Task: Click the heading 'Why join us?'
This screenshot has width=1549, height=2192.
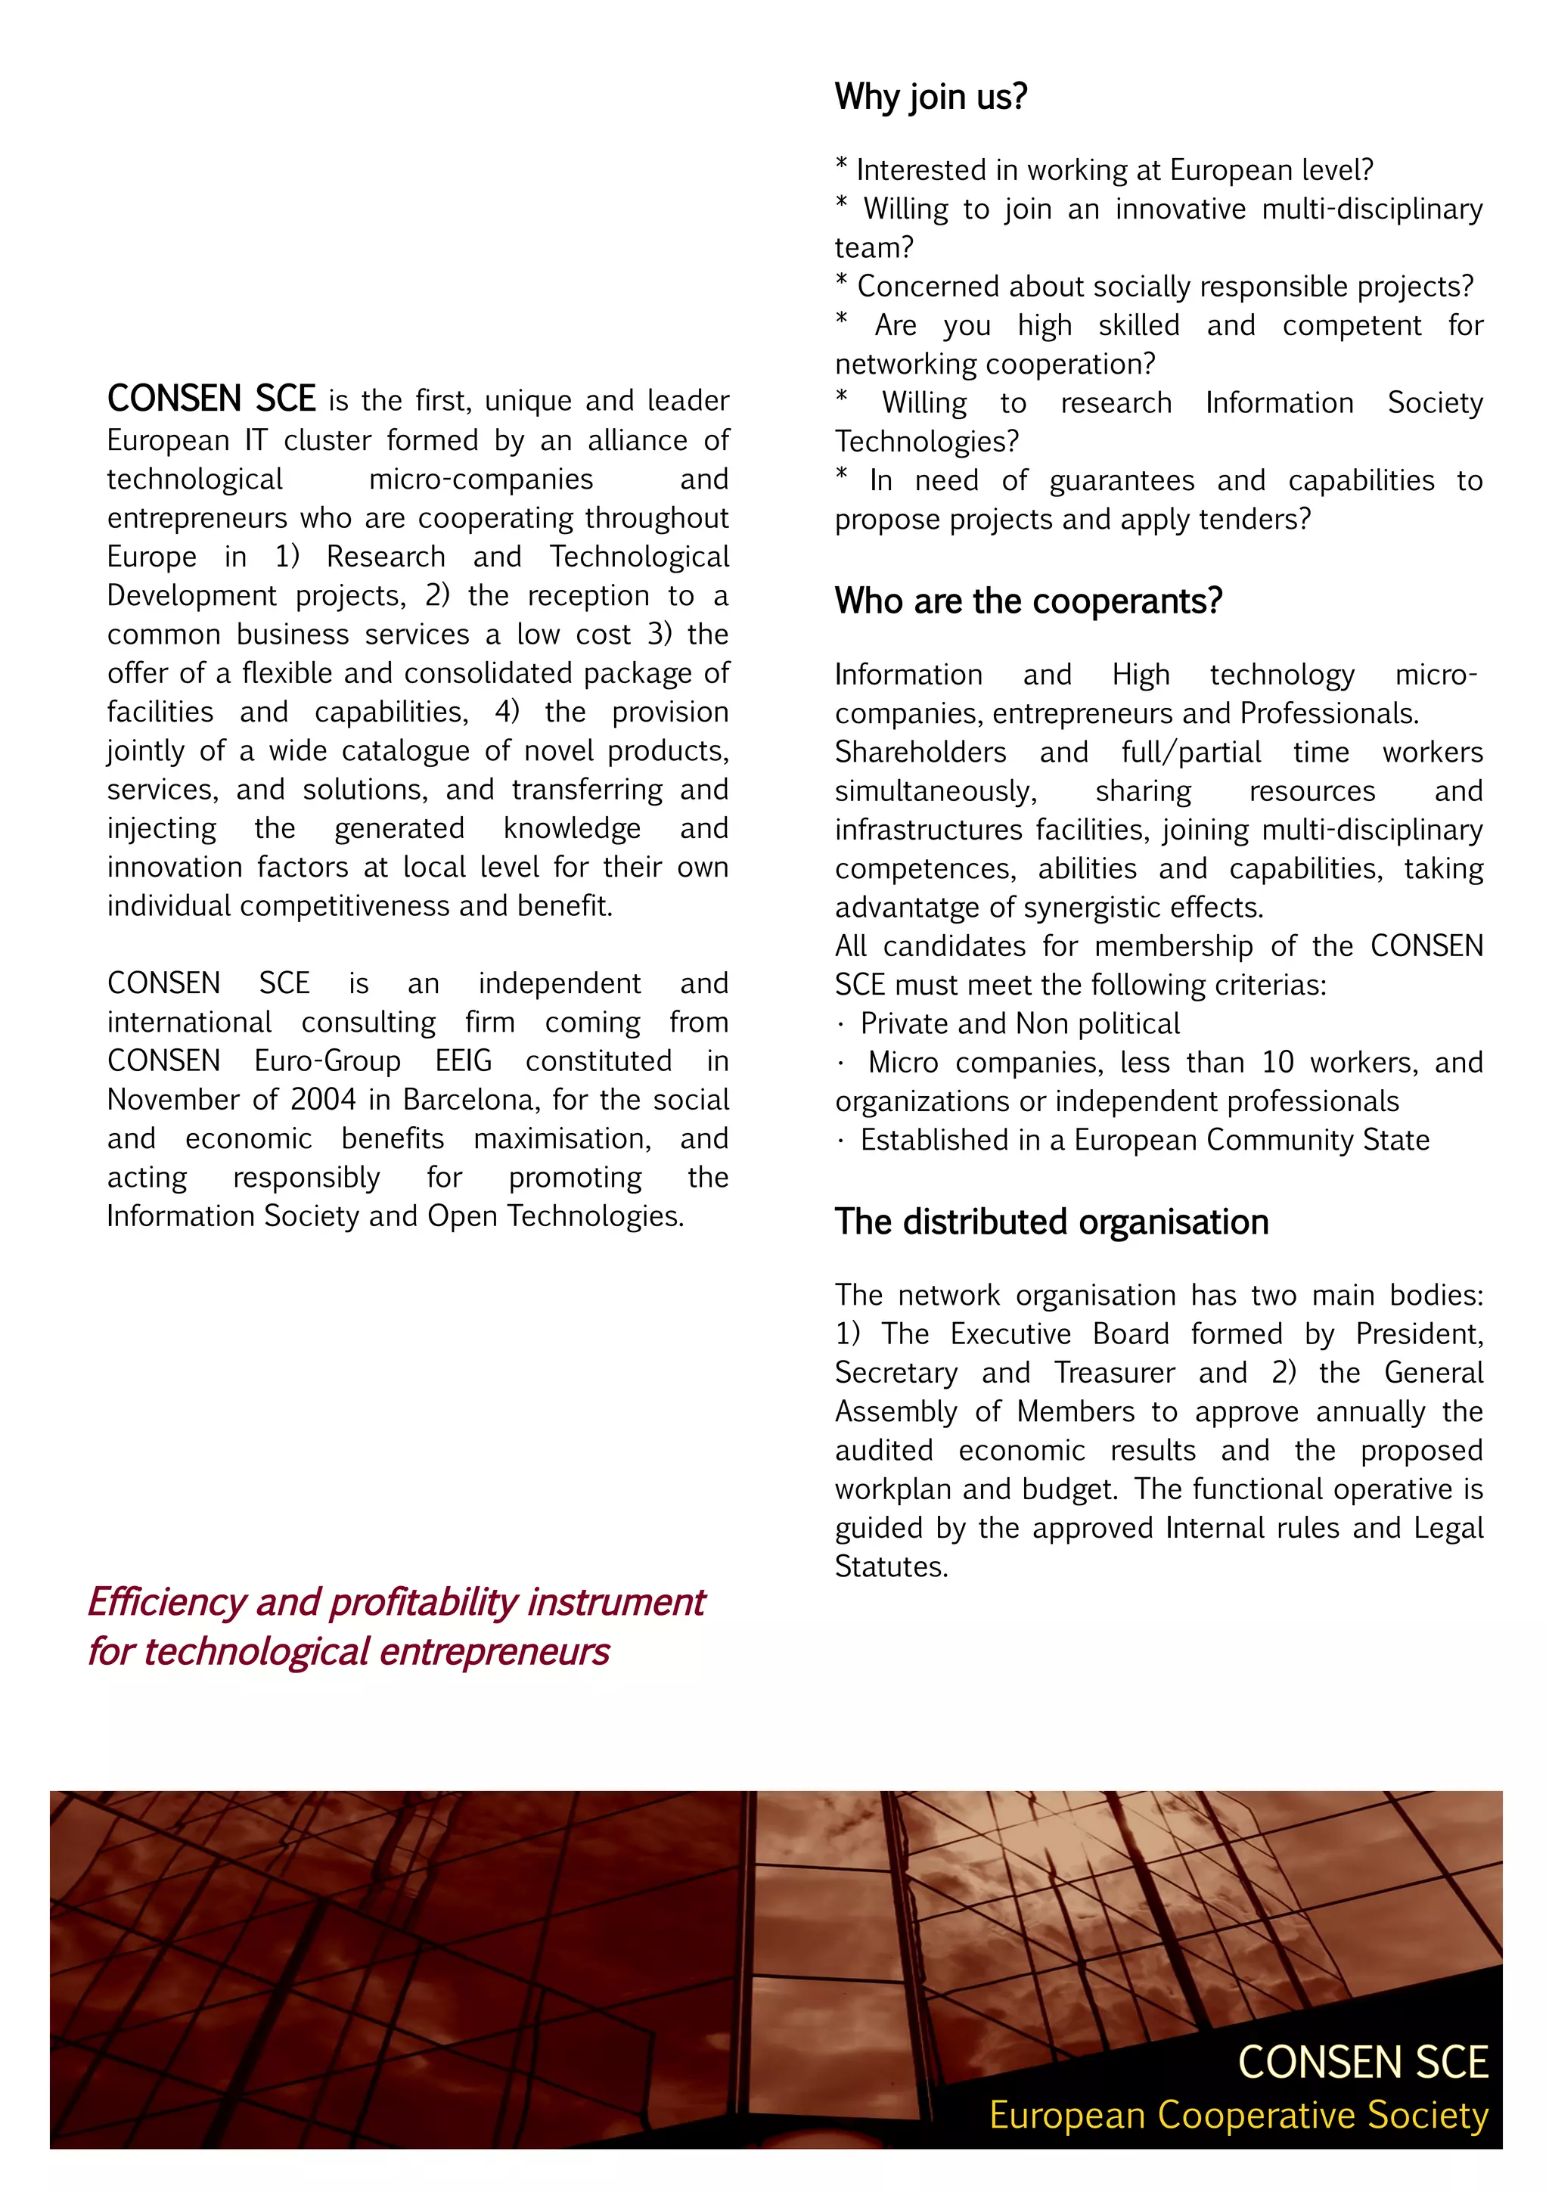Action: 930,96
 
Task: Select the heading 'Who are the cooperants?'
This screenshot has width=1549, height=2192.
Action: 1028,601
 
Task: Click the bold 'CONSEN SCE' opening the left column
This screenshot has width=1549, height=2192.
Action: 211,399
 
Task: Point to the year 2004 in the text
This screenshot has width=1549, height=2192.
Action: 323,1100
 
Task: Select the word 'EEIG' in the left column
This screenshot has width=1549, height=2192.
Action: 464,1060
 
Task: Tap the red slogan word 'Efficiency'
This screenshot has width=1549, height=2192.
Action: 167,1603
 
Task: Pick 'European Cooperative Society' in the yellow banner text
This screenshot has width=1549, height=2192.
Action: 1238,2116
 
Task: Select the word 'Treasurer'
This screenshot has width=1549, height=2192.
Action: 1114,1373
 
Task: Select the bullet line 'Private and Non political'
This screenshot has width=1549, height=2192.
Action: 1020,1023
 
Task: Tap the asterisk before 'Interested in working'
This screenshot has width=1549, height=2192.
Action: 841,165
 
